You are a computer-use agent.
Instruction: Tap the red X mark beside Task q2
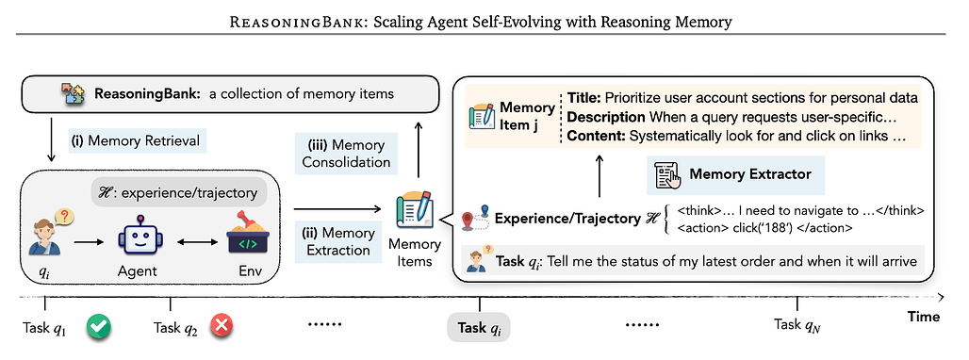coord(222,327)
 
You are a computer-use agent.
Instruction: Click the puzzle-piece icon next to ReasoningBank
coord(73,95)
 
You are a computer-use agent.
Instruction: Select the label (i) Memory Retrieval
coord(138,142)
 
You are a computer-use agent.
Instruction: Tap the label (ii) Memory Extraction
coord(339,241)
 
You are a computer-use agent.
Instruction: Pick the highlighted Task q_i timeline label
coord(479,327)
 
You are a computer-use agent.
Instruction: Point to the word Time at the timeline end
coord(924,317)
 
